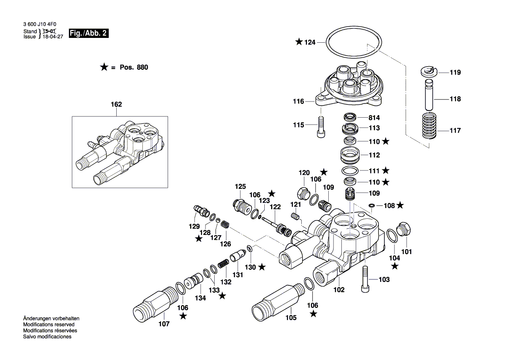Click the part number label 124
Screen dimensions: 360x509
click(309, 42)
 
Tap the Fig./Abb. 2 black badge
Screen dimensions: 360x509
click(88, 34)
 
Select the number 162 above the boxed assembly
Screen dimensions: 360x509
click(116, 105)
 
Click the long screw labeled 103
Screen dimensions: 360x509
click(365, 279)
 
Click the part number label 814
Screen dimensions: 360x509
click(374, 118)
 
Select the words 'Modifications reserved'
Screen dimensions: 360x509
click(48, 325)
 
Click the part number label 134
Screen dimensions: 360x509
click(200, 298)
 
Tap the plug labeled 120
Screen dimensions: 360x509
click(303, 192)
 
